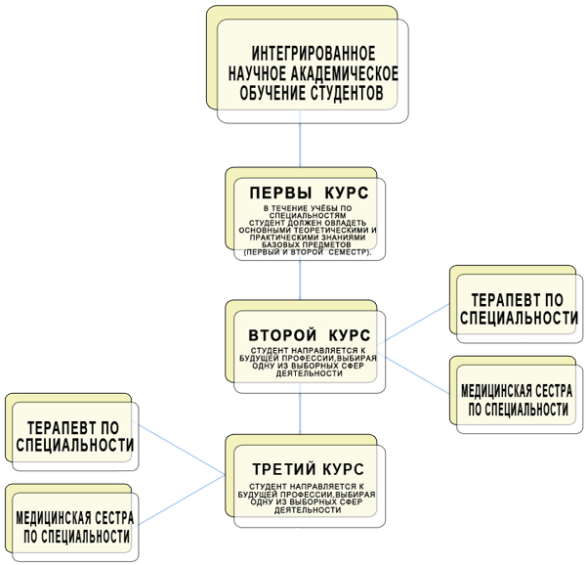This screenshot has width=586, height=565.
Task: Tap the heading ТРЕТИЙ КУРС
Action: click(306, 466)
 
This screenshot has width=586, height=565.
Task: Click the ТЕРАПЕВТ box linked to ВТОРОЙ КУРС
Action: click(518, 309)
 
